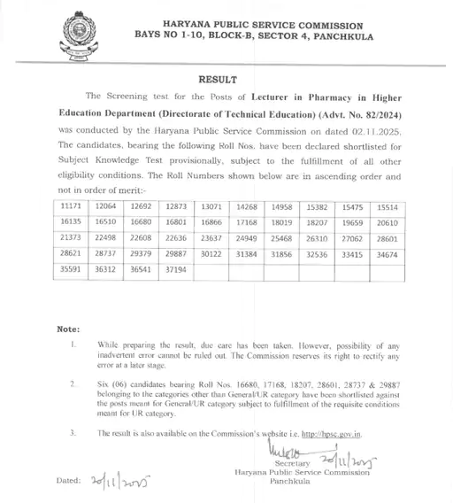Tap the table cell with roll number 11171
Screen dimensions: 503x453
coord(70,205)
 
